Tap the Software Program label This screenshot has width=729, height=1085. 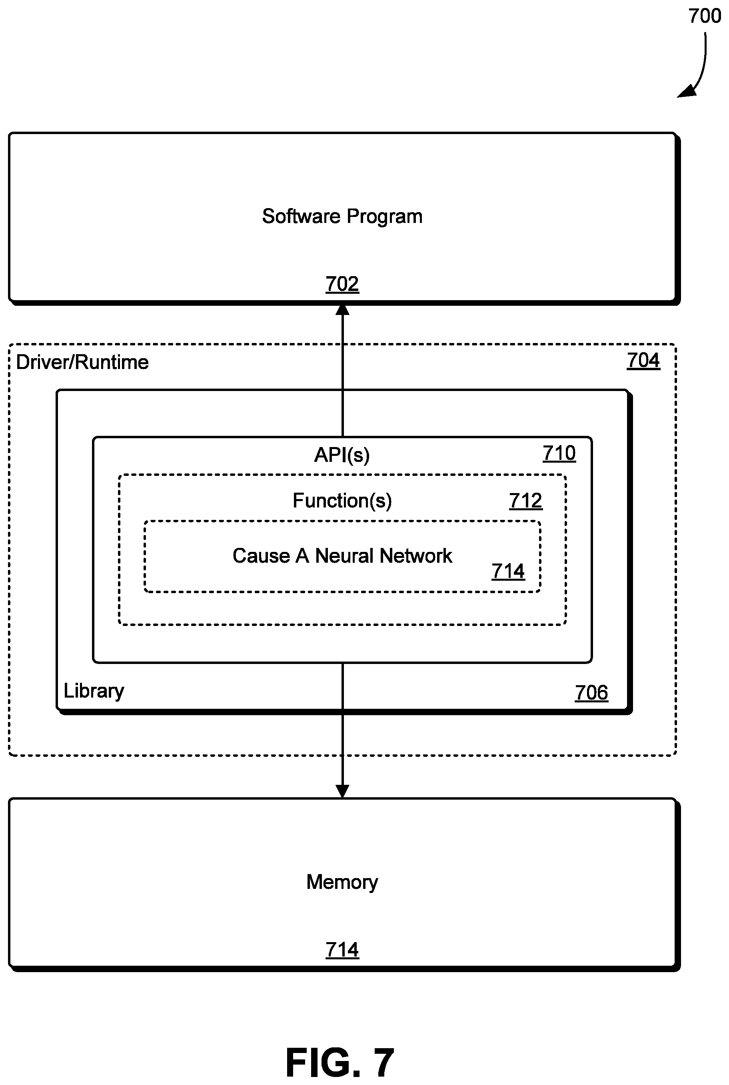[x=342, y=217]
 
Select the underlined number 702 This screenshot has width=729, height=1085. [x=342, y=284]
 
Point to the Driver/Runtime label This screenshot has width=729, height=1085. [x=82, y=362]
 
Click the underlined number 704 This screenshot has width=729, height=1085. [x=643, y=361]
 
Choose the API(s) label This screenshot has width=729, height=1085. [x=342, y=455]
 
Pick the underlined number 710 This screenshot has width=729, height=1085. [x=559, y=453]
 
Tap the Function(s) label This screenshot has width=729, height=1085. [x=342, y=501]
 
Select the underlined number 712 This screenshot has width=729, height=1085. [x=526, y=501]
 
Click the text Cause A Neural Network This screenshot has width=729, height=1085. [x=342, y=556]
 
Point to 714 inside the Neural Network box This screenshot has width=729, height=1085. [x=508, y=572]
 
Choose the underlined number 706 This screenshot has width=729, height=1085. [x=591, y=693]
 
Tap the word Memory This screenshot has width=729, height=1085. [x=342, y=882]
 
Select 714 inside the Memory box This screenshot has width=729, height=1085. [x=342, y=950]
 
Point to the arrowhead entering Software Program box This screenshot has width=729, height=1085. [x=343, y=309]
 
